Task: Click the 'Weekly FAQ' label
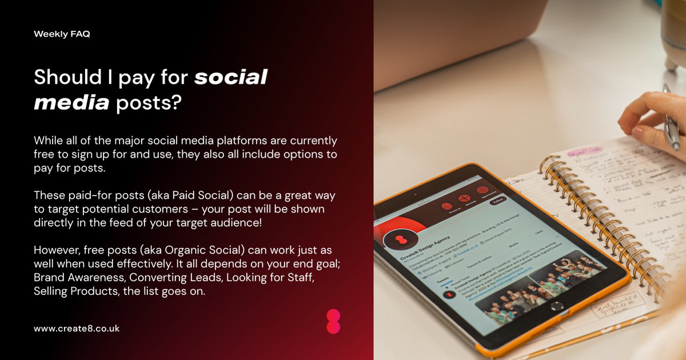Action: click(x=62, y=34)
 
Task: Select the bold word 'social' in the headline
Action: click(x=230, y=77)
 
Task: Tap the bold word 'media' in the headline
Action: click(x=71, y=103)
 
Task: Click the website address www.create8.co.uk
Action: click(x=77, y=329)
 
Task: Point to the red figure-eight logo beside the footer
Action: click(x=333, y=322)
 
